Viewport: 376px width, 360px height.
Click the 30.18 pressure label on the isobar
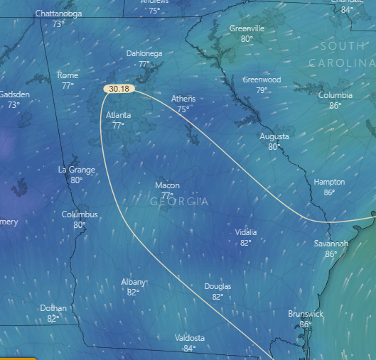click(x=119, y=89)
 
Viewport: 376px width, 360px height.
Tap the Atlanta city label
click(x=119, y=115)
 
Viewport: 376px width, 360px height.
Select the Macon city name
click(x=167, y=185)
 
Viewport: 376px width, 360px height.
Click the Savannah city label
click(x=331, y=244)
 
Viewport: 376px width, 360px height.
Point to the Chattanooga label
click(x=58, y=13)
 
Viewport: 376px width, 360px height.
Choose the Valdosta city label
click(x=189, y=338)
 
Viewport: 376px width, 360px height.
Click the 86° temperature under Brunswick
click(x=306, y=324)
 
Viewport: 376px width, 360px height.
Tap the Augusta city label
click(x=274, y=136)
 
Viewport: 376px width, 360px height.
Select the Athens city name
click(x=183, y=99)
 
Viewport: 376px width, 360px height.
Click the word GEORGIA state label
click(x=180, y=202)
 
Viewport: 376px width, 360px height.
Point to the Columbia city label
click(x=335, y=95)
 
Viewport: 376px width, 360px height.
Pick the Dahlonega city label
click(x=144, y=53)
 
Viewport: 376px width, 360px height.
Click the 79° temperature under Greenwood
click(x=262, y=90)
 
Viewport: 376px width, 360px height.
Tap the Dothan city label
click(x=53, y=308)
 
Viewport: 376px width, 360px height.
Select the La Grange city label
click(x=75, y=170)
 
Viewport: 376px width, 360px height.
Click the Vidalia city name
click(x=246, y=232)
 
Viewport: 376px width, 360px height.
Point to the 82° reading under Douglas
click(x=217, y=297)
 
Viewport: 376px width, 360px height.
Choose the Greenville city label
click(x=247, y=28)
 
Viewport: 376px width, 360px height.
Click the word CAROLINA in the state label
click(x=341, y=63)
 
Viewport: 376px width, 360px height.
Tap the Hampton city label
click(x=329, y=182)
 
